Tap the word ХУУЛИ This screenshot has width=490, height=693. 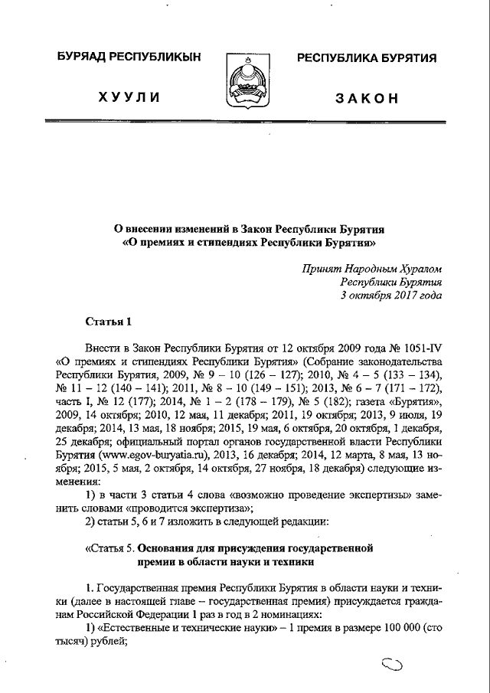127,99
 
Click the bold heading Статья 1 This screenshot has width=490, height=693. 107,321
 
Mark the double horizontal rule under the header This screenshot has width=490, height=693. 245,121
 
